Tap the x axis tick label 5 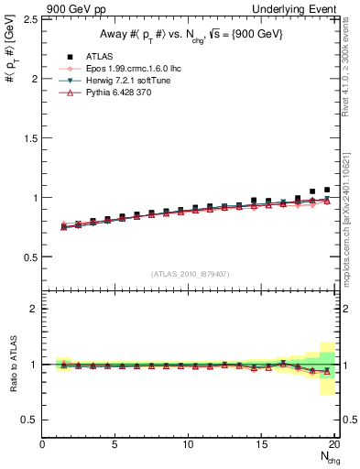coord(115,445)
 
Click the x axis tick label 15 coord(262,445)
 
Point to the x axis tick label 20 coord(335,445)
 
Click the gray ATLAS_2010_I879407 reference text coord(190,273)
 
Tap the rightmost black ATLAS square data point coord(327,190)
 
